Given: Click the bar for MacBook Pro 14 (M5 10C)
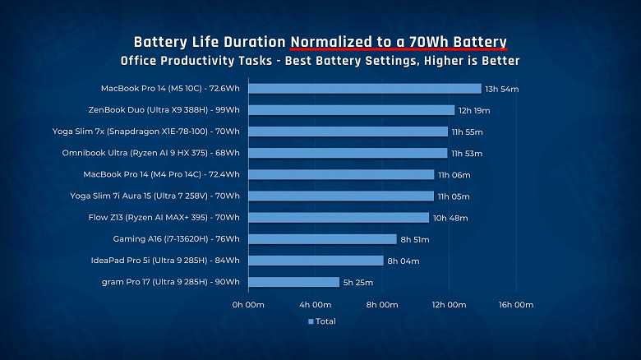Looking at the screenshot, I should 364,89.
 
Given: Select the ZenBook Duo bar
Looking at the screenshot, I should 351,110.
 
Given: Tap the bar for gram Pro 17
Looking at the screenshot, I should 293,282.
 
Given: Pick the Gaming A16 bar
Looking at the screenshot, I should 322,239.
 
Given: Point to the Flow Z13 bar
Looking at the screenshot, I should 338,218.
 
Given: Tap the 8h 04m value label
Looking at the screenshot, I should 404,261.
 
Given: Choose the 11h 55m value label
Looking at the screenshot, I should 468,132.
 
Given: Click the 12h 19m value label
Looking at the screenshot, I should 474,110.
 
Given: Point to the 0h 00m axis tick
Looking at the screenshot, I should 247,305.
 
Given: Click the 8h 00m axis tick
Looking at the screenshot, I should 382,305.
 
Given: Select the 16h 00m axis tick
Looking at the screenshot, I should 516,305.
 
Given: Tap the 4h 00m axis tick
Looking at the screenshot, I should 315,305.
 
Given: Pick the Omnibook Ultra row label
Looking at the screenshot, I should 150,153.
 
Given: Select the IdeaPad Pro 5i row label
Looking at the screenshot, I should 165,261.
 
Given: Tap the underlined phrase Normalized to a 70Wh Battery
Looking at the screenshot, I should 398,42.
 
